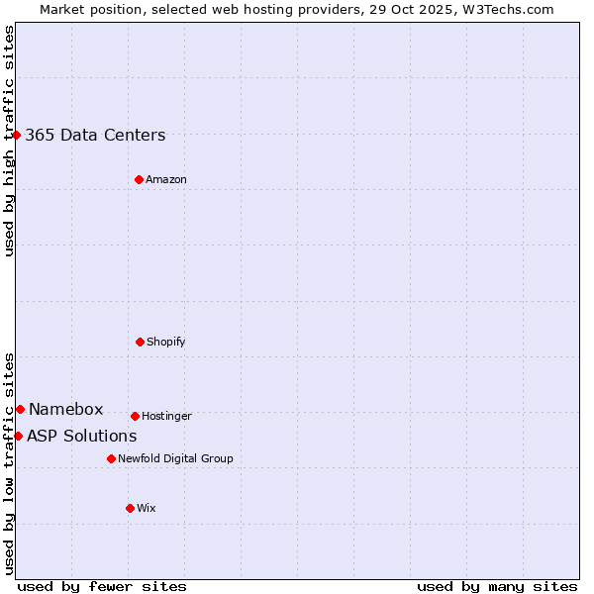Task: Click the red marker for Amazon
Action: [139, 179]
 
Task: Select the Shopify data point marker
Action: [140, 342]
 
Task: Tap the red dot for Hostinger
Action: [135, 416]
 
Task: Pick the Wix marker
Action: [130, 508]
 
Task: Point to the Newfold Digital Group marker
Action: [111, 458]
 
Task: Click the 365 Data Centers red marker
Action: [17, 135]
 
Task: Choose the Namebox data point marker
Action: [20, 409]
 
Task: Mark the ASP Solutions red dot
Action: [18, 436]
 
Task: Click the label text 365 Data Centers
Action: [95, 136]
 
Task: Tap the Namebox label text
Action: [65, 410]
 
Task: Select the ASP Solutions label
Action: [81, 437]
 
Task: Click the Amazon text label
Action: [166, 180]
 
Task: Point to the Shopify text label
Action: [166, 343]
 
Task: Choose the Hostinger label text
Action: [166, 417]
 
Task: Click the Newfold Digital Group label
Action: [175, 459]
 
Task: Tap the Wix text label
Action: [147, 509]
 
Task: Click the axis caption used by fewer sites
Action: [102, 586]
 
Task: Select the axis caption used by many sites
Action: [497, 586]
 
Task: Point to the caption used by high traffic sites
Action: [9, 141]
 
